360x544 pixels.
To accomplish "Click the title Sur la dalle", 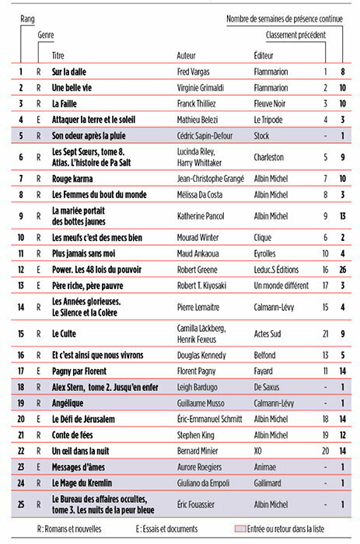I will point(68,71).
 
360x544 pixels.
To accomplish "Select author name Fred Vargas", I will point(198,71).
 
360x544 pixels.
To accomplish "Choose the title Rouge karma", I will point(72,179).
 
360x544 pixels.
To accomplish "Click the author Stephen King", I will point(200,435).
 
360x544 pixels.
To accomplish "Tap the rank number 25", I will point(21,504).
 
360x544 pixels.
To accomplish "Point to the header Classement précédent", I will point(295,35).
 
